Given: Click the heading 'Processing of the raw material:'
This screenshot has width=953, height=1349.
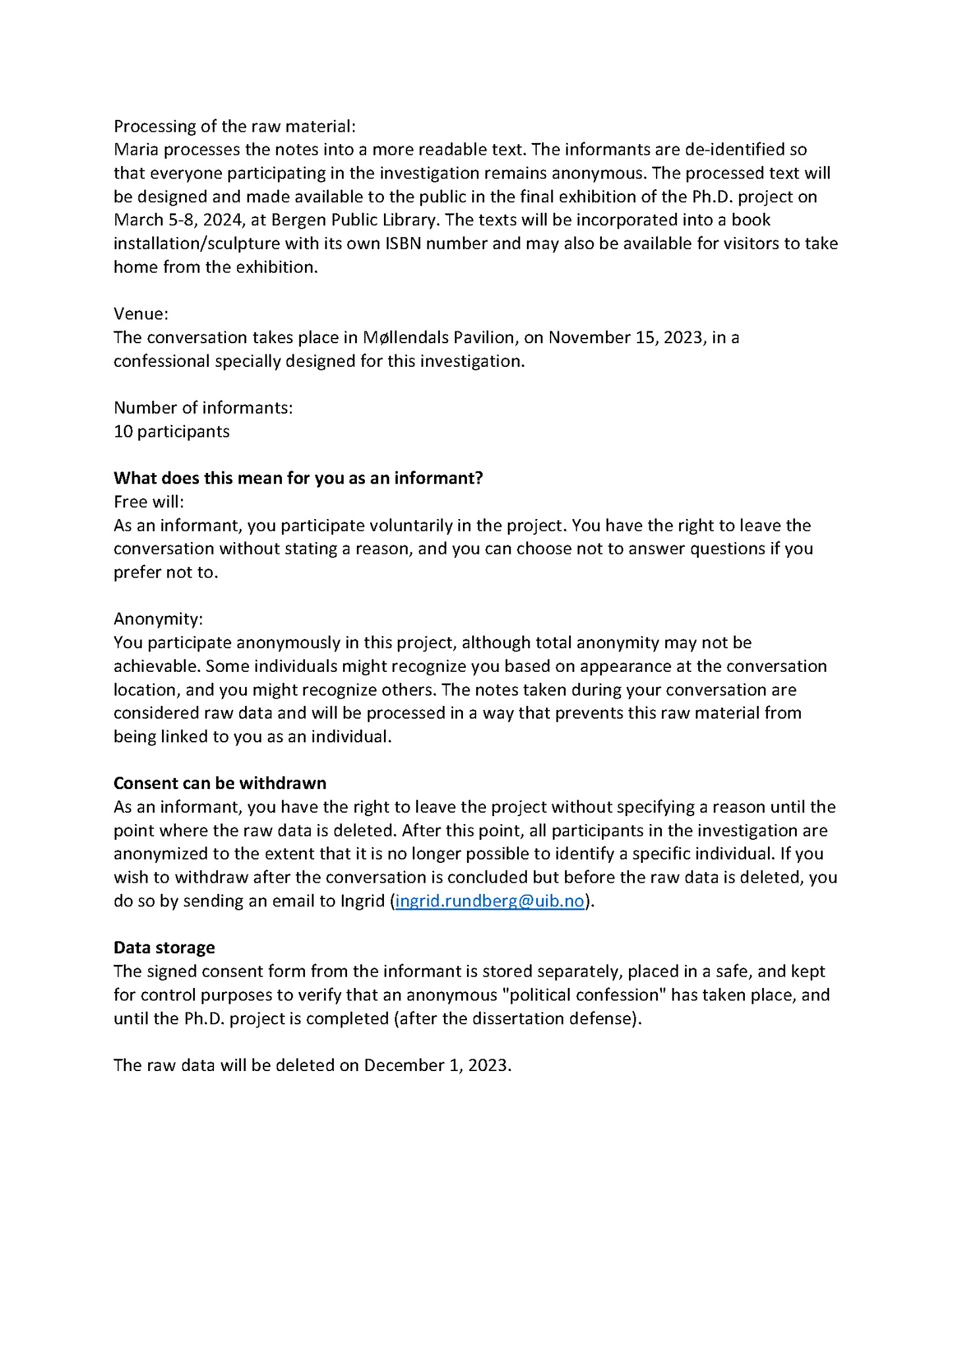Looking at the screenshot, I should [234, 126].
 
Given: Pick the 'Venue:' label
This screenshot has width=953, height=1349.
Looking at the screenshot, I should [141, 314].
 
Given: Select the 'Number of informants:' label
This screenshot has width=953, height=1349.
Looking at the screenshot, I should [203, 408].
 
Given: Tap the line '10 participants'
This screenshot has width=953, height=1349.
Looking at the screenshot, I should [171, 431].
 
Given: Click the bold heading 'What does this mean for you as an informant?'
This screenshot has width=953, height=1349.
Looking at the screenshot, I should [298, 478].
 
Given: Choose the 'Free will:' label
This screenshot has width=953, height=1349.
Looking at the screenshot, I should [148, 502].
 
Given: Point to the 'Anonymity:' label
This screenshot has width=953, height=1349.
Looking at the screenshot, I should [158, 619].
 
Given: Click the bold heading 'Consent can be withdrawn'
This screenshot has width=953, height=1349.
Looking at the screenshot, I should [219, 783].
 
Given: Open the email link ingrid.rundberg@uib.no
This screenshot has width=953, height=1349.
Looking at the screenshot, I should [489, 901].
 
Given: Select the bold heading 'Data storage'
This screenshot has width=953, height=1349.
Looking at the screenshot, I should [164, 948].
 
